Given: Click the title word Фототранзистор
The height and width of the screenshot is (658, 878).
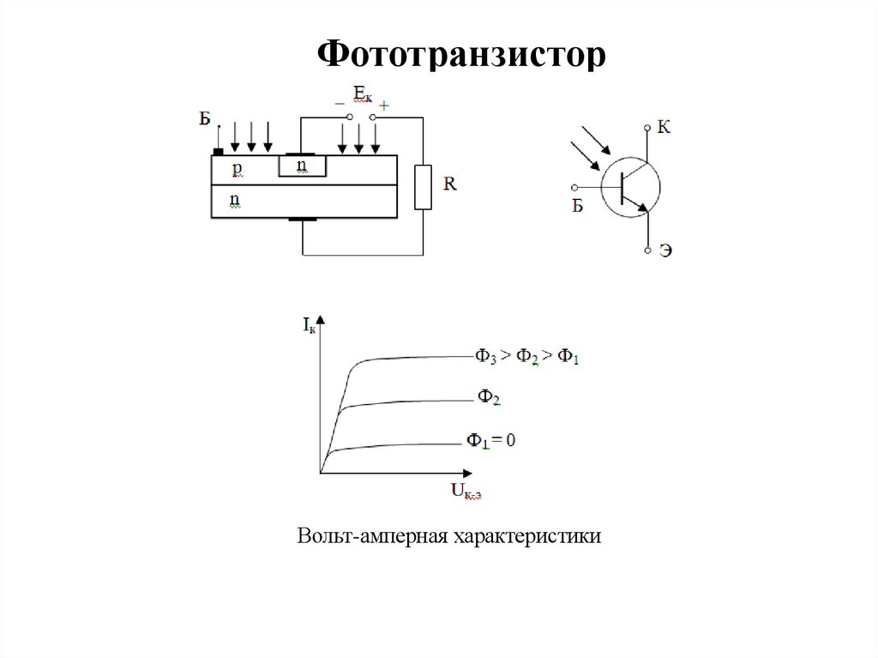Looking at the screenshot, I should click(462, 55).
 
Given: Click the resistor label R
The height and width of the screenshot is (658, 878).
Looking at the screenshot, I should click(450, 183).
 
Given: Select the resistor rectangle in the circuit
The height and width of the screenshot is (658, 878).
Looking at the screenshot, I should click(423, 188).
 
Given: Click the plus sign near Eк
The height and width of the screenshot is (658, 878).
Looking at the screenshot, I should click(384, 106).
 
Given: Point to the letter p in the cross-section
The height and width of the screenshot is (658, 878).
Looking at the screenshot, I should click(237, 169).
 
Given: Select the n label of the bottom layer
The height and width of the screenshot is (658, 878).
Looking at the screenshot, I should click(234, 201).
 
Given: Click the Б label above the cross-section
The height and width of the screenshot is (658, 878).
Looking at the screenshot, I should click(204, 118).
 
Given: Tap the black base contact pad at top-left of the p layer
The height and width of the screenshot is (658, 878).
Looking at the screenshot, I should click(219, 152).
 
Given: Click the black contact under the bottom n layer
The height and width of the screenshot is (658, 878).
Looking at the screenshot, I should click(302, 220).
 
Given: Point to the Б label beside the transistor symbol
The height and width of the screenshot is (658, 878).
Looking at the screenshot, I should click(577, 206).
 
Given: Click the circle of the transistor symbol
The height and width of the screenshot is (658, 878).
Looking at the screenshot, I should click(630, 186).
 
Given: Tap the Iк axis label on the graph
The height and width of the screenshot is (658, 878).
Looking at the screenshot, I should click(308, 325).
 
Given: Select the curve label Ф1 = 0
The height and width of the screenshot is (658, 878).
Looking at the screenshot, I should click(490, 441).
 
